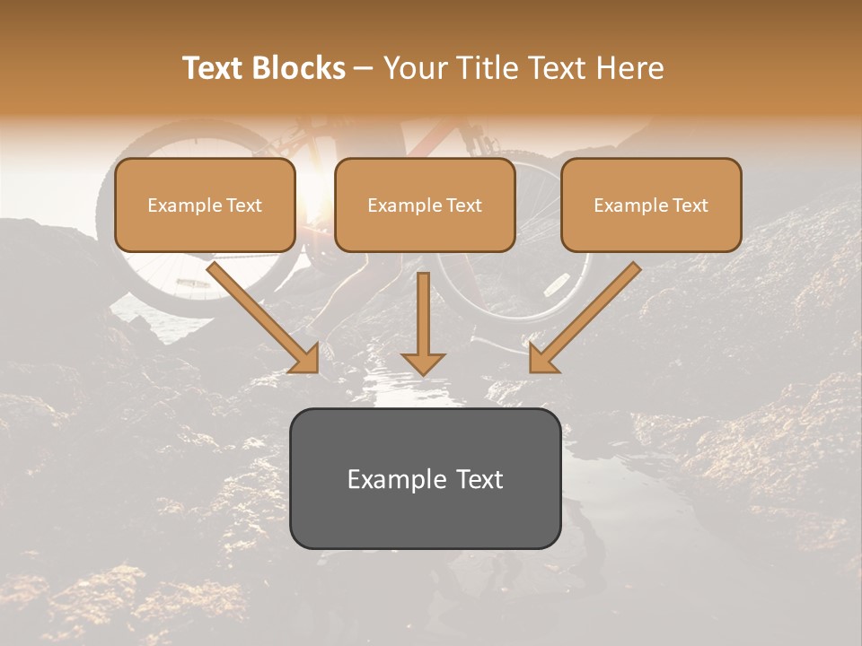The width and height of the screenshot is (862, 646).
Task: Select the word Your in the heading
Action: click(x=415, y=68)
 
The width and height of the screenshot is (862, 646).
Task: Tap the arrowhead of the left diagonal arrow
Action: click(x=305, y=359)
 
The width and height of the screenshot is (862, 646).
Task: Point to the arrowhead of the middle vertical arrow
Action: click(x=423, y=362)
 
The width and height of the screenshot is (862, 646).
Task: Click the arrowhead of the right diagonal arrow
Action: click(x=541, y=359)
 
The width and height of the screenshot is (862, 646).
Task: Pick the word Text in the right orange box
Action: click(x=690, y=205)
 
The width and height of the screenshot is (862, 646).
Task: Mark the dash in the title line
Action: click(x=364, y=69)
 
